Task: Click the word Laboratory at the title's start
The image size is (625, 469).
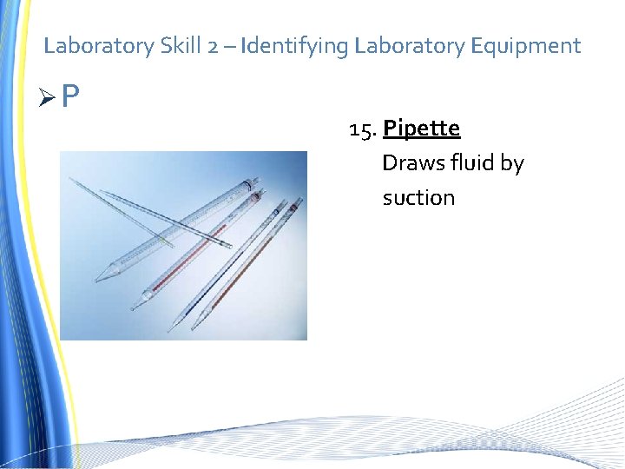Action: (98, 46)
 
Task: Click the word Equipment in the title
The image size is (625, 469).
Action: (526, 46)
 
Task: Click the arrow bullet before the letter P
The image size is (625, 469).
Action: (50, 96)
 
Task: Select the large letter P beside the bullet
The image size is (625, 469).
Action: (70, 95)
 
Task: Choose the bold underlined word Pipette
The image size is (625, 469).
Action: (421, 129)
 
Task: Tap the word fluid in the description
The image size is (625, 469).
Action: (470, 163)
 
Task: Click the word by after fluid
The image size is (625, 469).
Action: (512, 164)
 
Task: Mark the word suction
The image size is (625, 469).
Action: (418, 198)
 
